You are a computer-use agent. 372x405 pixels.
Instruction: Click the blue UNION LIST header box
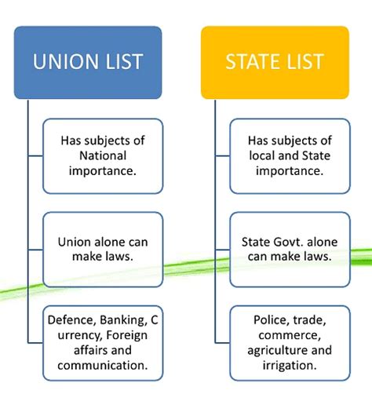point(88,63)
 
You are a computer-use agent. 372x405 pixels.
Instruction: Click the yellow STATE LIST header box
point(275,63)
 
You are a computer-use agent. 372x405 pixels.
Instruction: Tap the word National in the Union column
point(103,155)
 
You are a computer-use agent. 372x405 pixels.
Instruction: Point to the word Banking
point(122,320)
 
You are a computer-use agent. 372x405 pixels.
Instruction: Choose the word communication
point(103,365)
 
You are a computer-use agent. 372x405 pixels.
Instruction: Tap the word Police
point(271,320)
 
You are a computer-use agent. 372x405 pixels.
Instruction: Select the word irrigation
point(290,366)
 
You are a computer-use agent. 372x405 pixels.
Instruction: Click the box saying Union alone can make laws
point(103,250)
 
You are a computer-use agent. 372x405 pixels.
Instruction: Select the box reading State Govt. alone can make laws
point(290,250)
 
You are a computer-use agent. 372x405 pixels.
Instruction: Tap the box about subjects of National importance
point(103,156)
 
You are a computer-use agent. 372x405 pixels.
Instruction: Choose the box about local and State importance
point(290,156)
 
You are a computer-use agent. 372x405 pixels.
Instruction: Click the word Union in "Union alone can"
point(75,242)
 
